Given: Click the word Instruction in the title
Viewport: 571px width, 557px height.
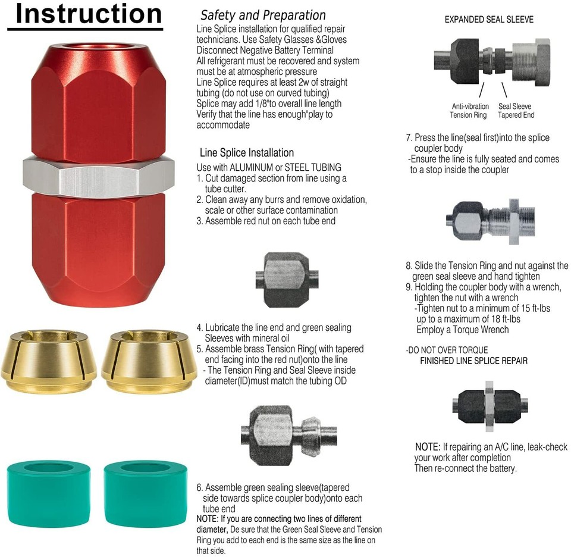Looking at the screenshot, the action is tap(89, 14).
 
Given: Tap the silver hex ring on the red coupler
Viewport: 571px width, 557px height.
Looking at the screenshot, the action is tap(98, 176).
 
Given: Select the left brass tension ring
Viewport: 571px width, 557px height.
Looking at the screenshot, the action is tap(48, 361).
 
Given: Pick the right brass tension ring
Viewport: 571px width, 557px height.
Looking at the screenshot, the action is tap(149, 361).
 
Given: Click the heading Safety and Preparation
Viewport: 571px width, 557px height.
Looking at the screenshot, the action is tap(263, 15).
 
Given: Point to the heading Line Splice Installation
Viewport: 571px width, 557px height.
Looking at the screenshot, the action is tap(247, 152).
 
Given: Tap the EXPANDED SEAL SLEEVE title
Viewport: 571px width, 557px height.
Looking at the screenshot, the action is tap(489, 19).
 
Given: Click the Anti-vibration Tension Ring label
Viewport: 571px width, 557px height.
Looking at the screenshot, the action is tap(469, 111).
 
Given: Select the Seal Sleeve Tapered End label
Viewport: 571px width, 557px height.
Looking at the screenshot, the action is tap(516, 111).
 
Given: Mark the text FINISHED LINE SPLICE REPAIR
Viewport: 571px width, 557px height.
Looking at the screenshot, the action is tap(474, 361).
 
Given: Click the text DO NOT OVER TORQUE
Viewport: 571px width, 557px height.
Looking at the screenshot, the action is tap(448, 350).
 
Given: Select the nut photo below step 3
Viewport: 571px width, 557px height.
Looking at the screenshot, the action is tap(287, 280).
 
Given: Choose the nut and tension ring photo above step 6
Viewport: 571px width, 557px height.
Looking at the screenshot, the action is tap(288, 436).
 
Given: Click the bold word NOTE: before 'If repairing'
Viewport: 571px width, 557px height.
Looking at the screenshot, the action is tap(428, 447).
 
